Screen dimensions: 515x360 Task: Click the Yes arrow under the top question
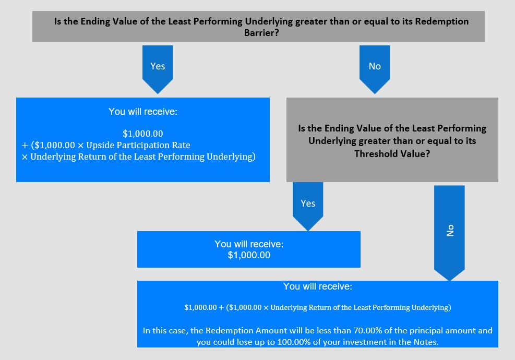[158, 69]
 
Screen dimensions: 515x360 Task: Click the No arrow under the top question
[375, 69]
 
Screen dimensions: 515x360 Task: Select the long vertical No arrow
[449, 233]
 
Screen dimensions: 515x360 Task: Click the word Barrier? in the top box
[261, 33]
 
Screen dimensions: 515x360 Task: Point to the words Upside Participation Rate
[138, 145]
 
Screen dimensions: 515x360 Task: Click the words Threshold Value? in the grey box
[392, 154]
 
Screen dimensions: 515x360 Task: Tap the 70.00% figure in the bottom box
[367, 330]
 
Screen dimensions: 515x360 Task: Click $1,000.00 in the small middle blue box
[249, 255]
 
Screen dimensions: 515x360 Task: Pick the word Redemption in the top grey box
[442, 21]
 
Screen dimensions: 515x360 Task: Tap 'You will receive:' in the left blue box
[143, 112]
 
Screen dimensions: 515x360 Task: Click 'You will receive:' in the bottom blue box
[318, 286]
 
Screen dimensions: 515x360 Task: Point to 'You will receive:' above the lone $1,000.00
[249, 244]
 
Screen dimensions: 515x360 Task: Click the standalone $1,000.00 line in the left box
[143, 134]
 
